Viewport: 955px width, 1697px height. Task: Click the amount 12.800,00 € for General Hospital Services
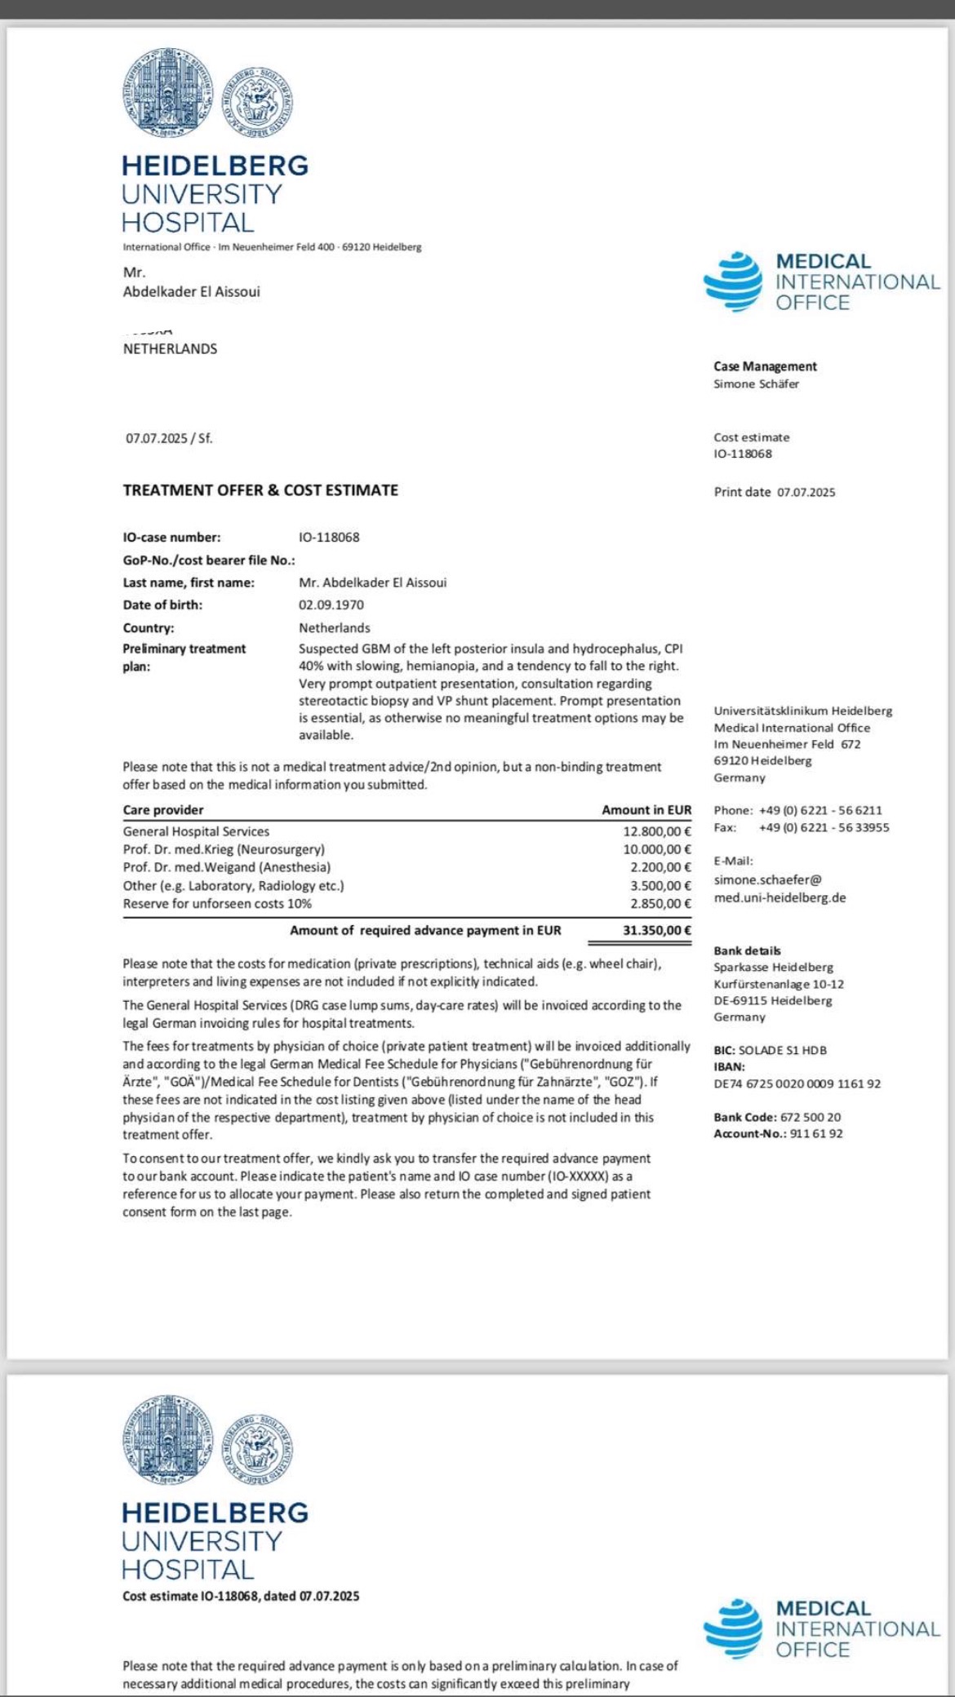click(x=657, y=831)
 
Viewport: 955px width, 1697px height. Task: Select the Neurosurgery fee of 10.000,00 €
click(x=657, y=849)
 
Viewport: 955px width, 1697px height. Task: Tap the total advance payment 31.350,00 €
click(x=657, y=930)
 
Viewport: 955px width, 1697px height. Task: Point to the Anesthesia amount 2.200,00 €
click(x=660, y=867)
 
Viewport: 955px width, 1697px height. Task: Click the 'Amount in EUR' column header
click(x=646, y=810)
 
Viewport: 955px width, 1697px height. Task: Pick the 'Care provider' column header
click(x=163, y=810)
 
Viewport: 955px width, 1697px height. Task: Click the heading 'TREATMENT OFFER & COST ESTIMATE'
click(x=260, y=490)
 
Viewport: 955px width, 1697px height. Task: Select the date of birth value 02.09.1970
click(x=331, y=605)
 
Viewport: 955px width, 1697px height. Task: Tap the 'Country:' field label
click(x=149, y=628)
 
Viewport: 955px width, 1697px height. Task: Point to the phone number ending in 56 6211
click(x=820, y=810)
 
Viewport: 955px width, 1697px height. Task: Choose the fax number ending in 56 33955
click(x=824, y=827)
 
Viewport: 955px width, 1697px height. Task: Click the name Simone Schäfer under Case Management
click(x=756, y=383)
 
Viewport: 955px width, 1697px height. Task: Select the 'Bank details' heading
click(x=747, y=950)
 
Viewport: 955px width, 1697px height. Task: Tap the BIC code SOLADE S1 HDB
click(x=782, y=1050)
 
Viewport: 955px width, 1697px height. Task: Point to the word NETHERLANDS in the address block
click(x=170, y=348)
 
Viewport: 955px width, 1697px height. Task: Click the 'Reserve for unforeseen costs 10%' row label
click(x=217, y=903)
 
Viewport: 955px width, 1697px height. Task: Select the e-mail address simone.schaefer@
click(x=767, y=880)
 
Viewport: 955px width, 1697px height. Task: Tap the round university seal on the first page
click(x=167, y=91)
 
